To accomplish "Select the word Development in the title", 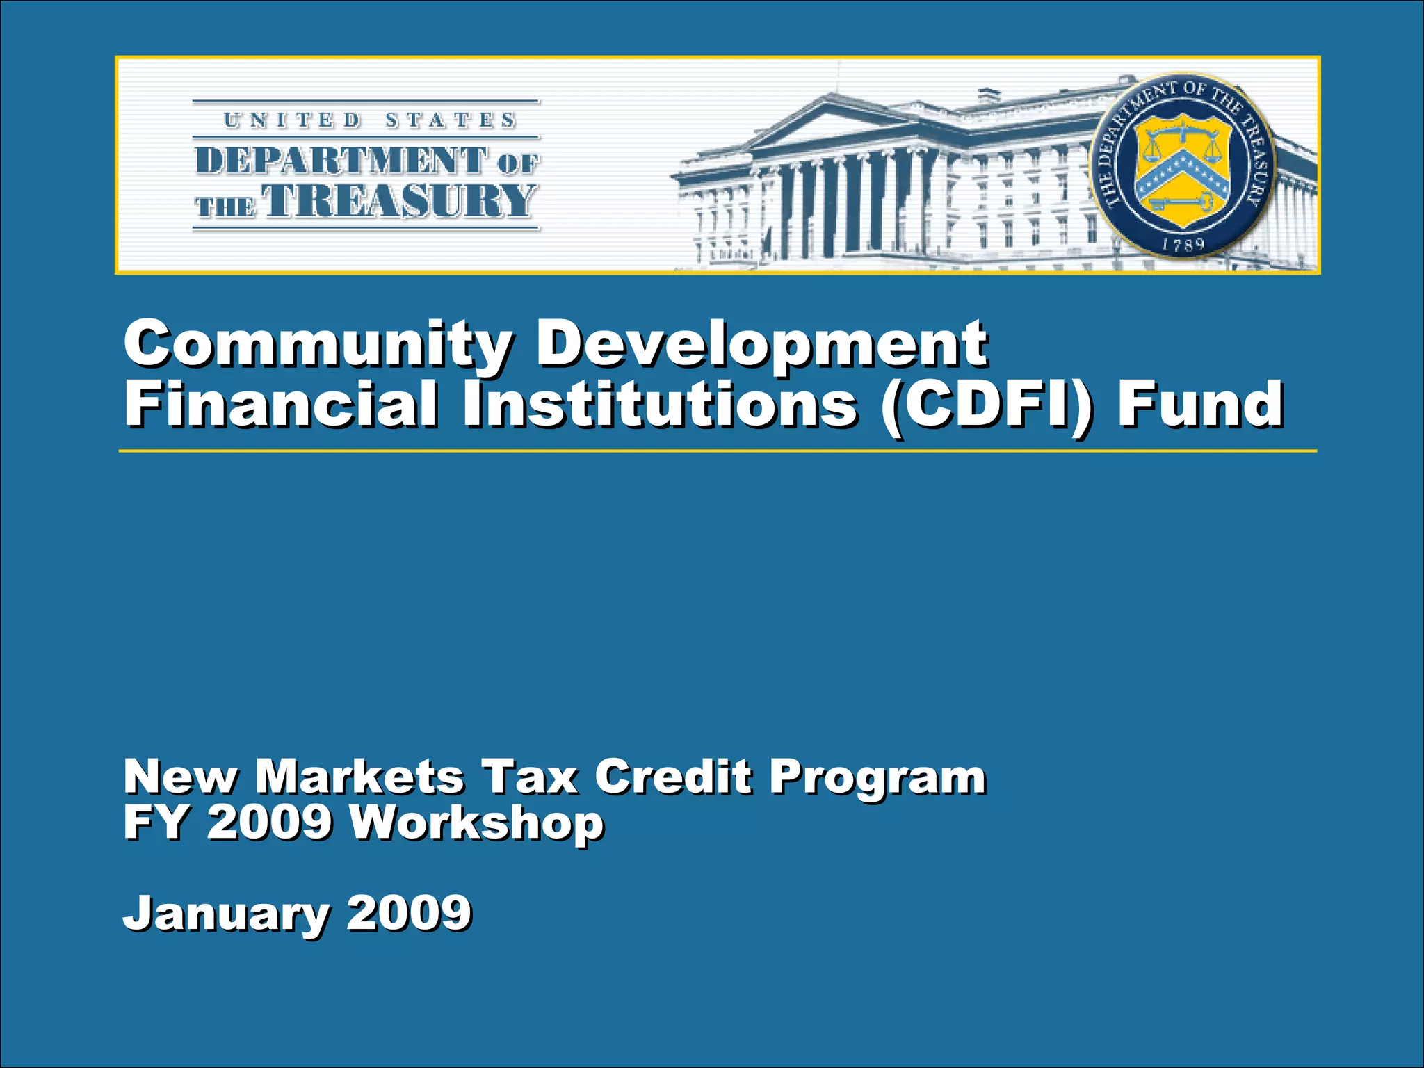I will tap(761, 344).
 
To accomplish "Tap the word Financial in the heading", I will tap(281, 405).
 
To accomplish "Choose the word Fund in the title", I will tap(1200, 405).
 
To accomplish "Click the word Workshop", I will tap(476, 823).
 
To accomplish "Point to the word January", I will tap(227, 914).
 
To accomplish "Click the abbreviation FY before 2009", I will tap(156, 823).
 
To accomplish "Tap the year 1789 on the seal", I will tap(1183, 245).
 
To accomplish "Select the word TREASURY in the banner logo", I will tap(402, 202).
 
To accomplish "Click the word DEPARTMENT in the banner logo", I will tap(341, 161).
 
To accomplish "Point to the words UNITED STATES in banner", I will tap(369, 120).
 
